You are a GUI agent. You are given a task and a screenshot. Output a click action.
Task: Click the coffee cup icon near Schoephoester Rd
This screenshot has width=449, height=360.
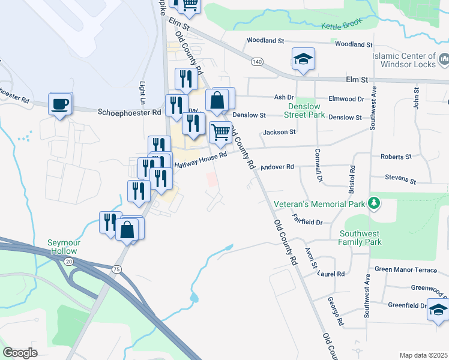click(x=60, y=104)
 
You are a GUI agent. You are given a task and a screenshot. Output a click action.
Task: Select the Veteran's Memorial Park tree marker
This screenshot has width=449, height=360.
click(x=375, y=203)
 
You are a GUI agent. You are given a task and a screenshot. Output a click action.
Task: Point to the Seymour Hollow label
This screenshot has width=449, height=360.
click(x=62, y=247)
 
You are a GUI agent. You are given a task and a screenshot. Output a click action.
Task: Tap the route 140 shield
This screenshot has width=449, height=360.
click(x=257, y=62)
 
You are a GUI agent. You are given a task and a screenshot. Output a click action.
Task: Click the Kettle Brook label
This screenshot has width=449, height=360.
click(x=339, y=26)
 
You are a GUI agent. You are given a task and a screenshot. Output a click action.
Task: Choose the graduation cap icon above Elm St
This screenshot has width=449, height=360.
click(x=303, y=59)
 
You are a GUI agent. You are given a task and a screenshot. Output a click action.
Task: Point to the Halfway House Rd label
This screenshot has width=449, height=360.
click(x=200, y=159)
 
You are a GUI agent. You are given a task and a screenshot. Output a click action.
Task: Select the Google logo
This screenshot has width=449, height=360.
click(x=20, y=353)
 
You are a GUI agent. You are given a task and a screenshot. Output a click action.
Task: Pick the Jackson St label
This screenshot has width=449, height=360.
click(x=279, y=132)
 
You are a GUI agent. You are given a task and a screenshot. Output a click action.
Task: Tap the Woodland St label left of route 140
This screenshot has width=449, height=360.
click(x=265, y=41)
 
